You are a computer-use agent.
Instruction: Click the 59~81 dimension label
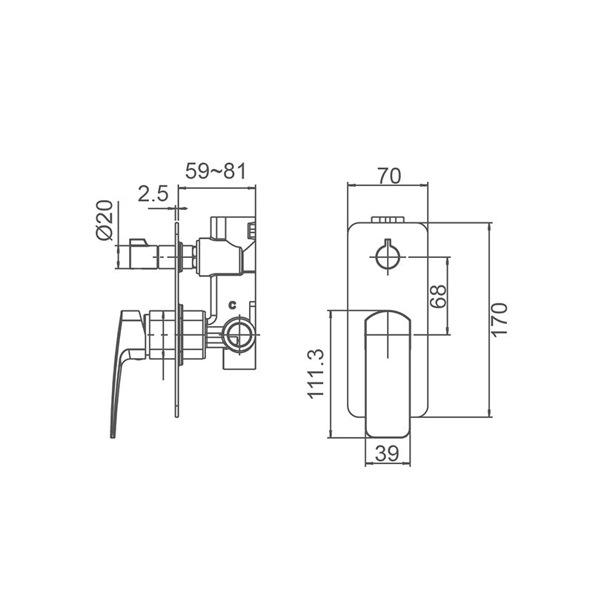tap(215, 171)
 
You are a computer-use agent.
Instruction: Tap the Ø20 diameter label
tap(105, 220)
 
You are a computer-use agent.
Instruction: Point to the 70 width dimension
tap(388, 176)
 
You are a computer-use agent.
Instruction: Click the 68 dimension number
tap(438, 296)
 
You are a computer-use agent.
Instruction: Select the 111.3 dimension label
tap(317, 374)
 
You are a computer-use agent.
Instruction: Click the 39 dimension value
tap(388, 454)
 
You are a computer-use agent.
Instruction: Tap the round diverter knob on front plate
tap(388, 256)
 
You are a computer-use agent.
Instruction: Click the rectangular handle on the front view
tap(388, 371)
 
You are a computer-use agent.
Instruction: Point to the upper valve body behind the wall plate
tap(222, 256)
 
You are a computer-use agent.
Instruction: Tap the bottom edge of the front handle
tap(388, 434)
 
